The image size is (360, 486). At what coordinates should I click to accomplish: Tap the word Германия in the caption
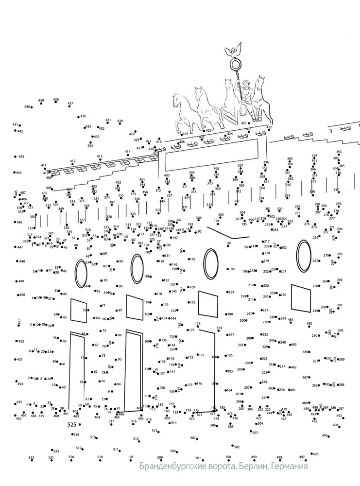click(289, 467)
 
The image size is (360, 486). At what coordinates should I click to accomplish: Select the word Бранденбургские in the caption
click(174, 467)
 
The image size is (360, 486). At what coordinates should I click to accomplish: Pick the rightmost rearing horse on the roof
click(260, 97)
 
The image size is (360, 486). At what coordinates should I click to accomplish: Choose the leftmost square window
click(78, 311)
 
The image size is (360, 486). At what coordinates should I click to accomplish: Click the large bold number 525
click(72, 424)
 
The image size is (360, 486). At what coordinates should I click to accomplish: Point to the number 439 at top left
click(41, 101)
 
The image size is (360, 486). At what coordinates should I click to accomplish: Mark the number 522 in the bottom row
click(31, 458)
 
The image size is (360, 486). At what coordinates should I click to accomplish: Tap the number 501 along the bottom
click(198, 458)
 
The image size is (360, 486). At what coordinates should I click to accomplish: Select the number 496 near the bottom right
click(315, 454)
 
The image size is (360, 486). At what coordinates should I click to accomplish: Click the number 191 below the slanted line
click(229, 244)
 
